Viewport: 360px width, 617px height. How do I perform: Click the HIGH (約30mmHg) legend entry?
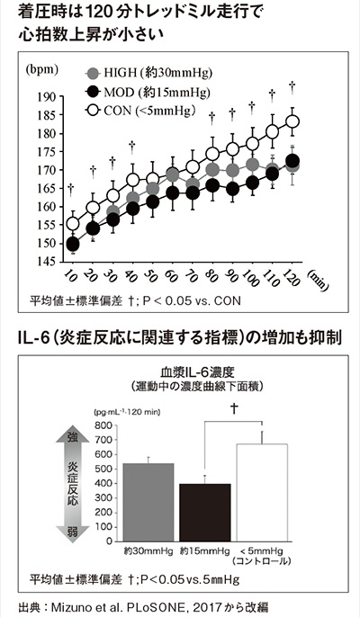coord(149,73)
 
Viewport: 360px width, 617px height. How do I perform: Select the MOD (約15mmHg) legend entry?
coord(148,93)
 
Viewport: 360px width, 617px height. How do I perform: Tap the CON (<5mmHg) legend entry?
coord(140,111)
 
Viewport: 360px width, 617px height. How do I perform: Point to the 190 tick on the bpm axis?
coord(47,97)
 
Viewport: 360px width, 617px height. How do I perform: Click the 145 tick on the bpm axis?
coord(47,261)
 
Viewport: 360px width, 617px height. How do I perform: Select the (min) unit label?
coord(318,281)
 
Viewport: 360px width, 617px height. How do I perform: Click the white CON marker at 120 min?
coord(292,121)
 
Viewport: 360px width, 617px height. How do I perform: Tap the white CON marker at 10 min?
coord(73,224)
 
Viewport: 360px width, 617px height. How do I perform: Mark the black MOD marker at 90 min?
coord(232,189)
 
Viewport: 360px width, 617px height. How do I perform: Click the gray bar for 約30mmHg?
coord(148,503)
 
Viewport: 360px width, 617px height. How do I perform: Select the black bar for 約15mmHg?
coord(205,513)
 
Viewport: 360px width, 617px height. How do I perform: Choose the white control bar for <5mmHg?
coord(262,493)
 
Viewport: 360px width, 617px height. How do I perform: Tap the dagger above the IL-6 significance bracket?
coord(234,409)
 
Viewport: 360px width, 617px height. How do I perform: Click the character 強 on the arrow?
coord(73,436)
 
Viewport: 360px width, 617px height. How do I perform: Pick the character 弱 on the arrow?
coord(73,532)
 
